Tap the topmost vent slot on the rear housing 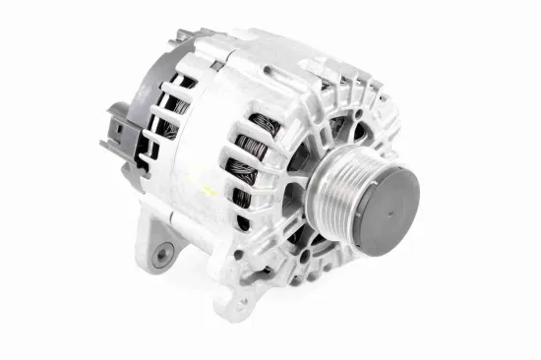coord(183,79)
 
